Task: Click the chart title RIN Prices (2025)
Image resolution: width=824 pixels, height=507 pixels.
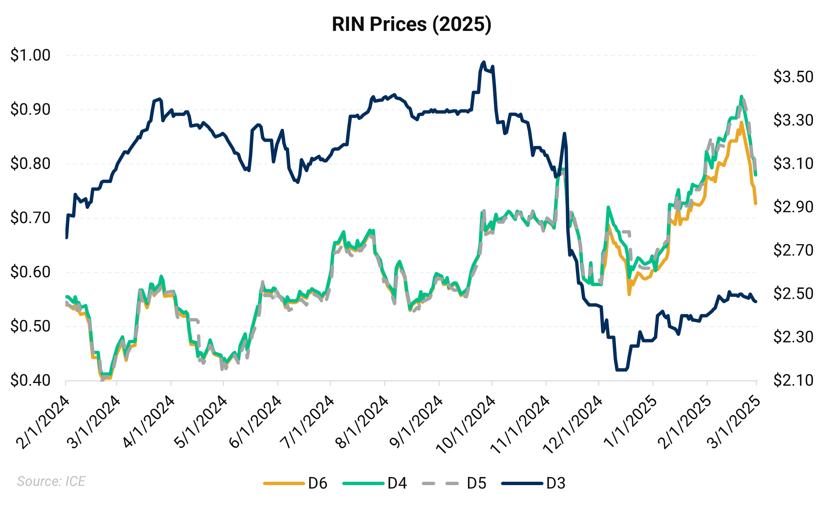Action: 412,24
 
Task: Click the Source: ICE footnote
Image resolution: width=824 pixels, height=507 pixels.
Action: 51,481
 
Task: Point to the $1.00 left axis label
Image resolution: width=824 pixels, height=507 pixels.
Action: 30,55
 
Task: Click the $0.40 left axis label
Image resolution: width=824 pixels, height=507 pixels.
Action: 30,380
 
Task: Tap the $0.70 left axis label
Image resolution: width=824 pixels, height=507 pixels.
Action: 30,218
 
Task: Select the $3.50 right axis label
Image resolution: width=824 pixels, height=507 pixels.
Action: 793,77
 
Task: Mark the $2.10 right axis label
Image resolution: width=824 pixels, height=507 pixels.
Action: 793,380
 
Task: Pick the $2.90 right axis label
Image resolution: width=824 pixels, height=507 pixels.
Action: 793,207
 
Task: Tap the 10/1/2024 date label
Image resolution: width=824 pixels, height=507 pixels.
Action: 466,425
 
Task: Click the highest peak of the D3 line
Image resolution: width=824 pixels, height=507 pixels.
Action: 484,62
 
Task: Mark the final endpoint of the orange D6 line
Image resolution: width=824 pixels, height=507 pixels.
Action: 756,203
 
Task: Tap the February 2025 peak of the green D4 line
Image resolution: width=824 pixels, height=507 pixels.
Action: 741,96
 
